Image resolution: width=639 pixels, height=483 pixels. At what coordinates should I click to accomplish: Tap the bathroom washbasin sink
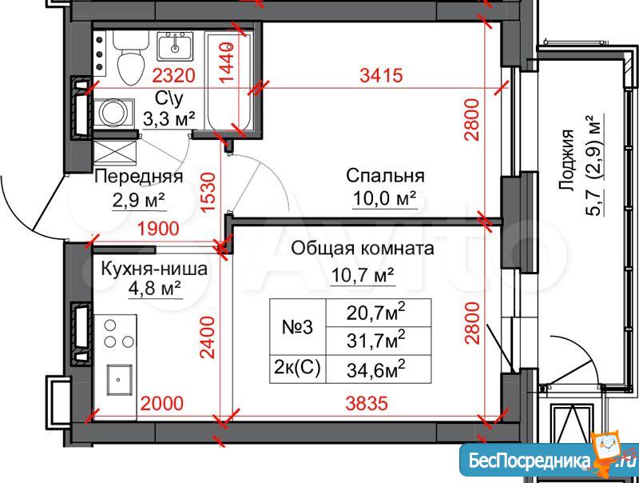(175, 46)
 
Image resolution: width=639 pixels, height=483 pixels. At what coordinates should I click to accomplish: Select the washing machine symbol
(113, 113)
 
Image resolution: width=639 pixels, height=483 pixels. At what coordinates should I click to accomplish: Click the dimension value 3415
(382, 75)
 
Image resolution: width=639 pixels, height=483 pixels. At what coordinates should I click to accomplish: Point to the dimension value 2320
(174, 75)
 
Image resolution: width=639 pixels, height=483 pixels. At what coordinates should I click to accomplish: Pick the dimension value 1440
(227, 62)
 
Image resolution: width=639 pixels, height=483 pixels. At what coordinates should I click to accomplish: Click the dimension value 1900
(157, 229)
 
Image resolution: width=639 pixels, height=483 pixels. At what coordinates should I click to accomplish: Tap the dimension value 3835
(367, 403)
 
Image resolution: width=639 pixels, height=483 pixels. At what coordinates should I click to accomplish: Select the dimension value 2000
(162, 403)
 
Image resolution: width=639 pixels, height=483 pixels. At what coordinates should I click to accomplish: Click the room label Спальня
(385, 176)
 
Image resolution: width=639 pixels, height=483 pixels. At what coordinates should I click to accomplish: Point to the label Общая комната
(363, 248)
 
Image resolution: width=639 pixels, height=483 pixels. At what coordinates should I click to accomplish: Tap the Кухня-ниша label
(154, 269)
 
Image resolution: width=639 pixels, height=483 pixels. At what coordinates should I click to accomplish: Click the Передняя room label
(138, 177)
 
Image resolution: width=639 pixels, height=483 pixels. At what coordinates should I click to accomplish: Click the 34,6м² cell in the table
(379, 369)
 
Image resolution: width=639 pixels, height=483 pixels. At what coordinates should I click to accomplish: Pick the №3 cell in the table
(298, 327)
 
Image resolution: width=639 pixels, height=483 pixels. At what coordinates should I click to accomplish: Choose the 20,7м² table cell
(379, 313)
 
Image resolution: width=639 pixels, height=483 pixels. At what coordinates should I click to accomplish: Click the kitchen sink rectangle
(119, 380)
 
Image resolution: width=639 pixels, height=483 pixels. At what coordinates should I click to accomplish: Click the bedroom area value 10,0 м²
(385, 198)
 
